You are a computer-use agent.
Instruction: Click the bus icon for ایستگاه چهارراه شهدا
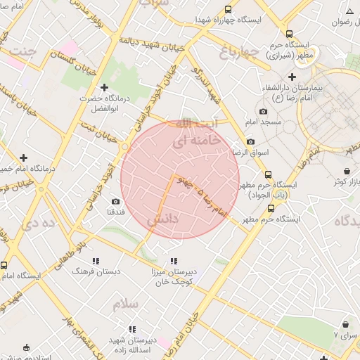pyautogui.click(x=228, y=9)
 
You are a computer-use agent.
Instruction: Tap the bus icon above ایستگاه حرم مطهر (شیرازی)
pyautogui.click(x=289, y=34)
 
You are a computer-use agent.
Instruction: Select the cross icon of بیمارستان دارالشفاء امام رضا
pyautogui.click(x=292, y=76)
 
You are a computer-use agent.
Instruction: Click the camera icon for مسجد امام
pyautogui.click(x=263, y=111)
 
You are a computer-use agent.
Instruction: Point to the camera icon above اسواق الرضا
pyautogui.click(x=250, y=141)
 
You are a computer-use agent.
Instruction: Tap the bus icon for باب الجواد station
pyautogui.click(x=267, y=174)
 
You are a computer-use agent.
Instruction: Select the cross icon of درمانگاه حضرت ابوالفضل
pyautogui.click(x=105, y=88)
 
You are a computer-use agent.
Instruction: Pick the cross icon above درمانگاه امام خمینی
pyautogui.click(x=24, y=157)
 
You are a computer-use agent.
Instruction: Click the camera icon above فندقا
pyautogui.click(x=115, y=202)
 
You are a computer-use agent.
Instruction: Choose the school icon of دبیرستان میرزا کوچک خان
pyautogui.click(x=174, y=261)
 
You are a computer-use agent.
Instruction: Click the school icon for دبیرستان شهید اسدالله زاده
pyautogui.click(x=131, y=329)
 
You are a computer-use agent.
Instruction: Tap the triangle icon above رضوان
pyautogui.click(x=349, y=10)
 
